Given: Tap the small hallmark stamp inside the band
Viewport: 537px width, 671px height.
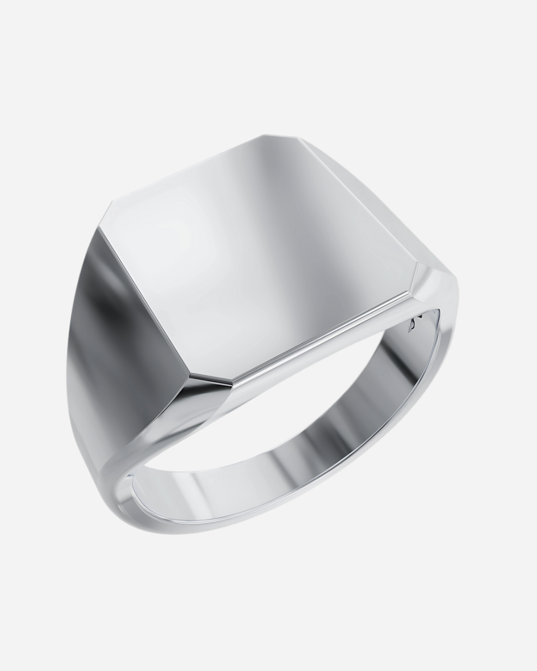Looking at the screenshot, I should point(412,326).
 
